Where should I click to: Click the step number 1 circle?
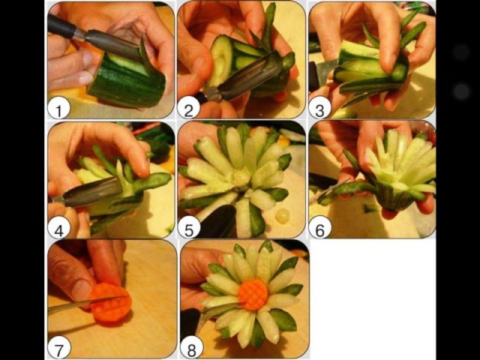(x=58, y=108)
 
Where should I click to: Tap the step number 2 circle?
(x=189, y=108)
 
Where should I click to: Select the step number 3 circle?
(x=320, y=108)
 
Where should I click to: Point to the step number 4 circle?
(x=58, y=227)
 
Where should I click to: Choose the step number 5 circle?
(x=189, y=227)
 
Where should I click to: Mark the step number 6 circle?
(x=320, y=227)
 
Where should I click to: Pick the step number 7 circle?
(x=58, y=347)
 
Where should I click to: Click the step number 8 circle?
(x=192, y=347)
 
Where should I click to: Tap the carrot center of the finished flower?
(x=253, y=295)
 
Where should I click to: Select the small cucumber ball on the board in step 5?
(x=282, y=216)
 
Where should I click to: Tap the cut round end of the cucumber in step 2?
(x=222, y=61)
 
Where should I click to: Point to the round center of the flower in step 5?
(x=242, y=177)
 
